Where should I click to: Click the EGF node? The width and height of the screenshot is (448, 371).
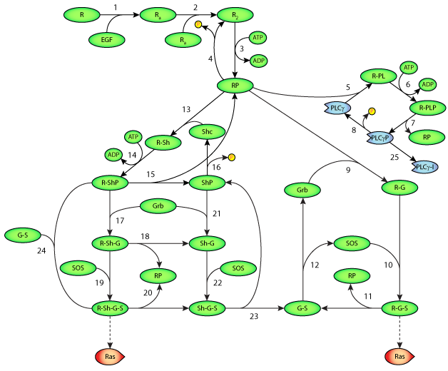tap(107, 40)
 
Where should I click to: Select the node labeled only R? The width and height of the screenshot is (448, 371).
tap(82, 15)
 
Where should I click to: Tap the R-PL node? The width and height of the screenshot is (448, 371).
tap(378, 76)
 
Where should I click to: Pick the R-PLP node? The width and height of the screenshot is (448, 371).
tap(427, 108)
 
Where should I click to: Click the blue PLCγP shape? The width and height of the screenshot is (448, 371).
tap(380, 138)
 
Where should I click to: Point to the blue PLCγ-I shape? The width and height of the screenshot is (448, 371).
tap(425, 167)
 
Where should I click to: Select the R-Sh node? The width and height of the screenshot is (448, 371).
tap(163, 143)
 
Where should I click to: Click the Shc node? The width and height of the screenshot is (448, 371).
tap(207, 132)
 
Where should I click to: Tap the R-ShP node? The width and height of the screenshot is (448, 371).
tap(110, 183)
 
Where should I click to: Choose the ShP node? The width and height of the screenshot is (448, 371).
tap(207, 183)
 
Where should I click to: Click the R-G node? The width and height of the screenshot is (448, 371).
tap(399, 188)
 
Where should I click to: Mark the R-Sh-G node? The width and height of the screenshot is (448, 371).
tap(110, 244)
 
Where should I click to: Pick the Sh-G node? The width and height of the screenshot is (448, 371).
tap(207, 244)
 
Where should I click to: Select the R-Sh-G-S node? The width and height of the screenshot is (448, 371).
tap(110, 309)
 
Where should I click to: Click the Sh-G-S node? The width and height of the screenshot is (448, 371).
tap(207, 309)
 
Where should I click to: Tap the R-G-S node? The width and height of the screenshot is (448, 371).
tap(399, 309)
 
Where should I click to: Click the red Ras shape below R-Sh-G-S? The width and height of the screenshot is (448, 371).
tap(110, 357)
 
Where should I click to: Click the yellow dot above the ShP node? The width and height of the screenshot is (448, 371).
tap(231, 158)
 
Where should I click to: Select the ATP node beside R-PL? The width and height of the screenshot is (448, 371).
tap(409, 68)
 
